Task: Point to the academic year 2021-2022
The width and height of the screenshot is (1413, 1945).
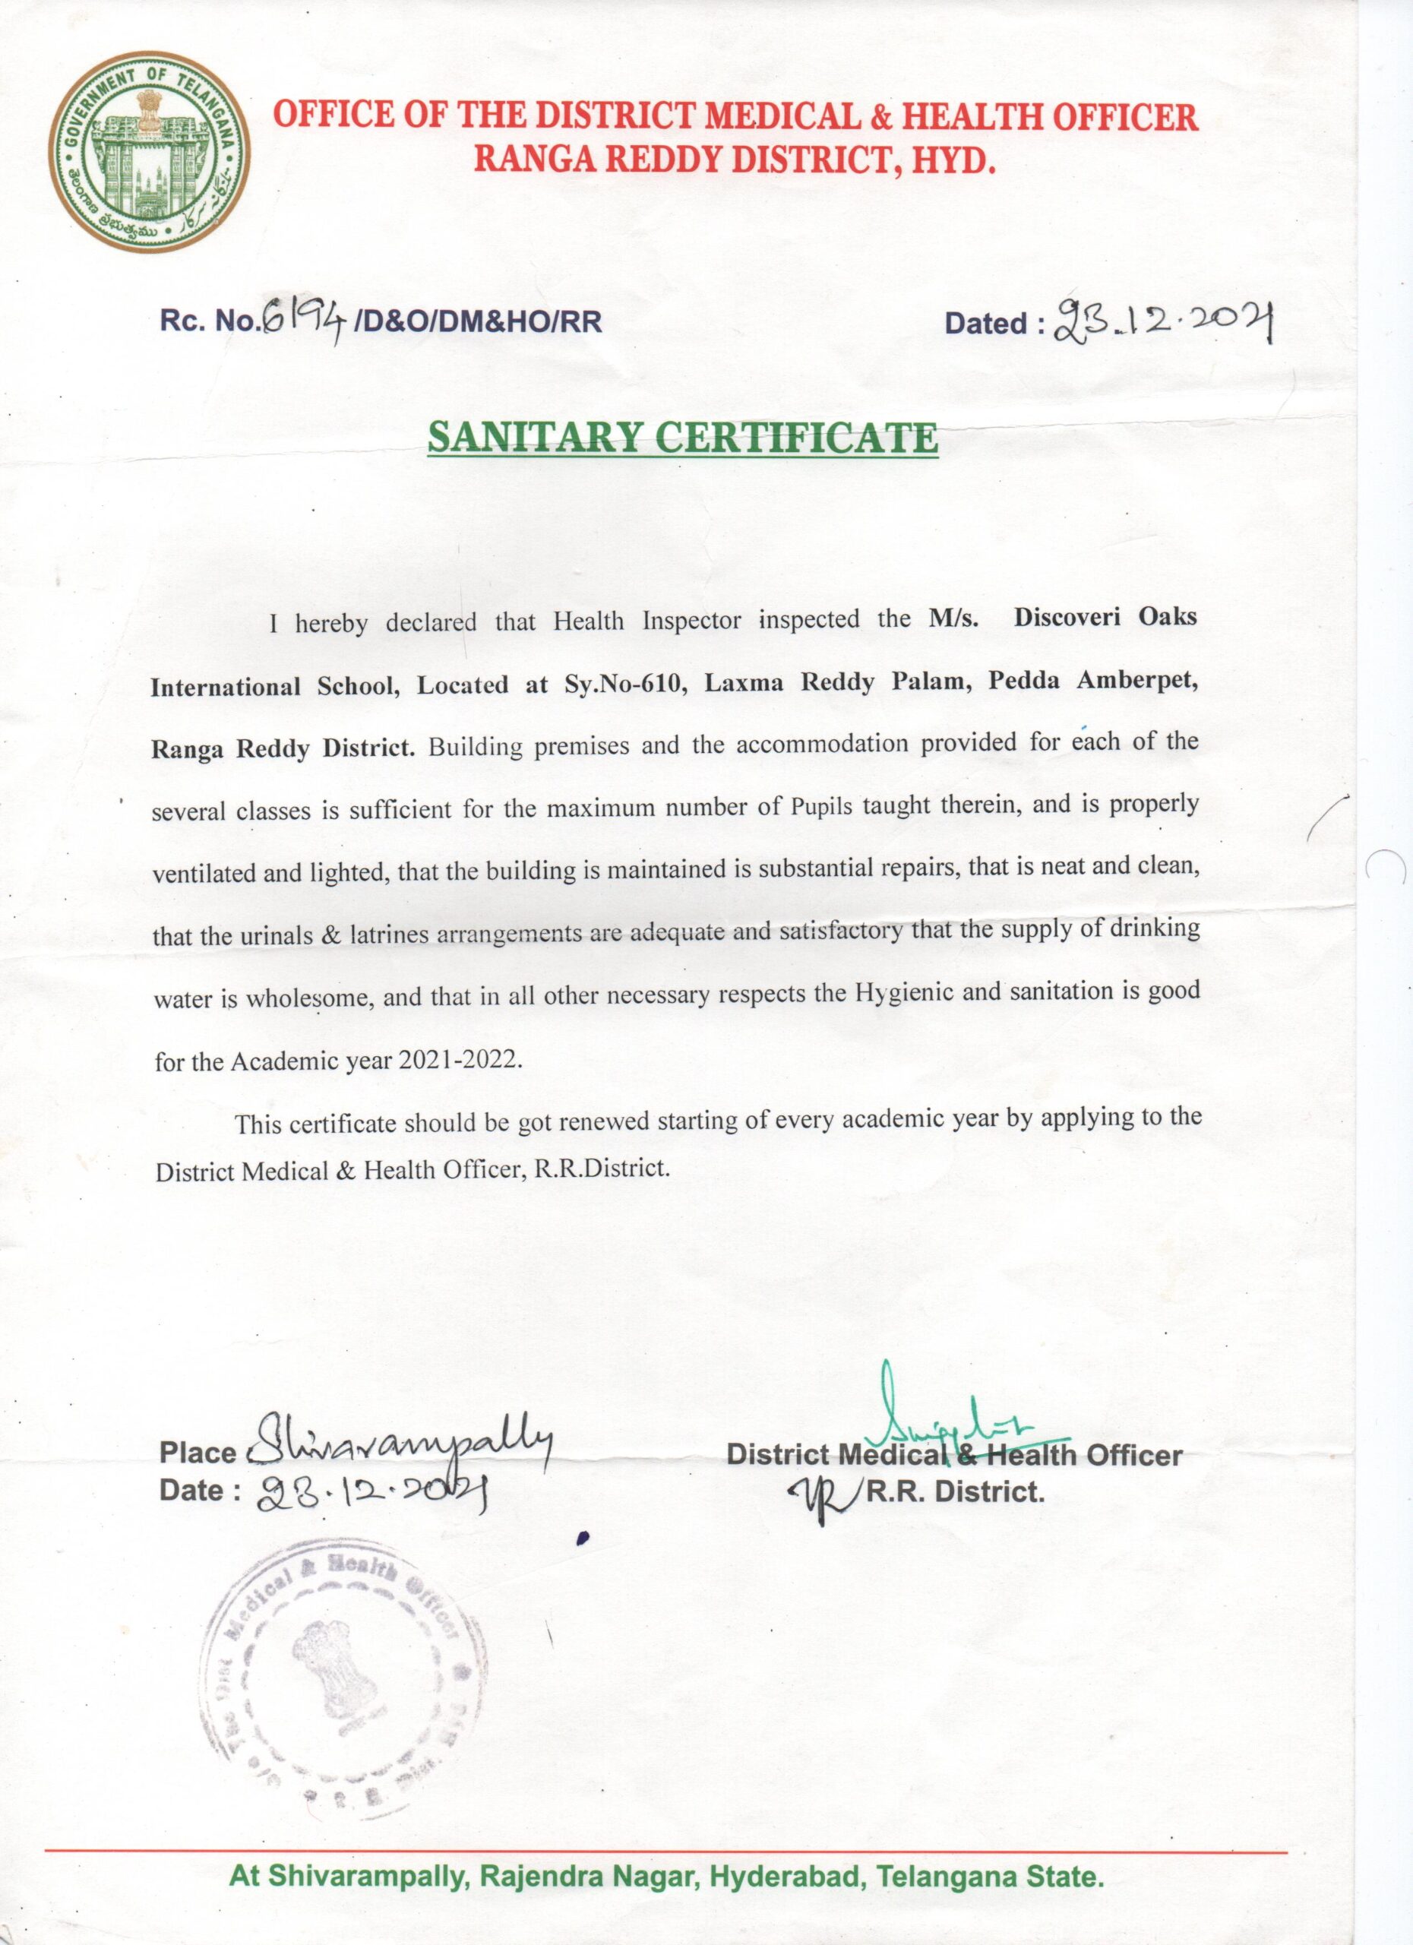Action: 460,1060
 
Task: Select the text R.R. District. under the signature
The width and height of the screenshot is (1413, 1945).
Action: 954,1491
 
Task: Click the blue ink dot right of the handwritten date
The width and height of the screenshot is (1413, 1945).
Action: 584,1538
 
